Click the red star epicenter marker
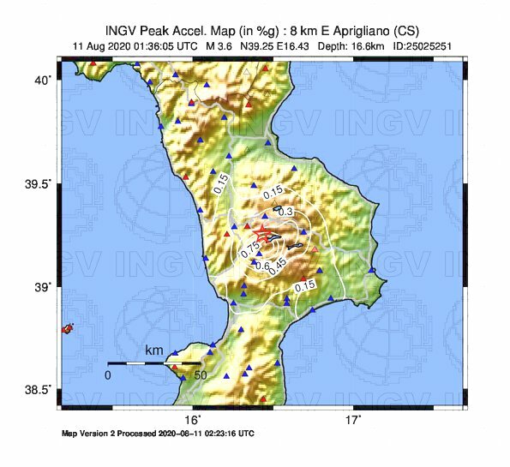(x=263, y=232)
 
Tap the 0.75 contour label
(x=250, y=249)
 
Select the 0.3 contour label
(x=286, y=212)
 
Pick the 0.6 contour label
(x=262, y=266)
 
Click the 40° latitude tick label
(x=42, y=80)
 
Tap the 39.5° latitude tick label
(x=39, y=183)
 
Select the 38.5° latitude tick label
(x=39, y=390)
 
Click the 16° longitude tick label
(x=195, y=420)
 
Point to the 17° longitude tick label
(x=353, y=420)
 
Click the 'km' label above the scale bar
(x=154, y=351)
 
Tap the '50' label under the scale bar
(x=200, y=375)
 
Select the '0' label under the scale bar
(x=108, y=375)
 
